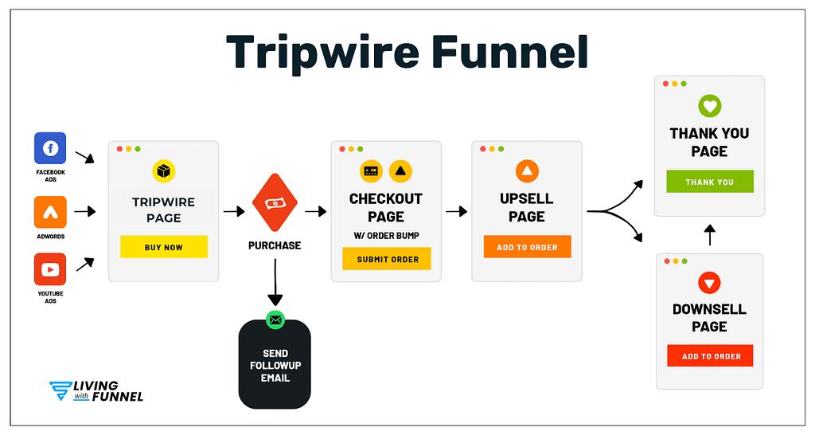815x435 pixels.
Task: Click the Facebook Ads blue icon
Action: tap(50, 149)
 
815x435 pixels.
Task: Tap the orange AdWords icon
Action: tap(50, 211)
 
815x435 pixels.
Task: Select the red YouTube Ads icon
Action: tap(50, 269)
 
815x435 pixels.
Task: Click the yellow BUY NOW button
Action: tap(164, 247)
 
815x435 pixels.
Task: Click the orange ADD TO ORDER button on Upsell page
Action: tap(527, 247)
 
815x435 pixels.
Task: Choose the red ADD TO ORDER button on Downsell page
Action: tap(710, 356)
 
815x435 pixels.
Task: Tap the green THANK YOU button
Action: tap(710, 182)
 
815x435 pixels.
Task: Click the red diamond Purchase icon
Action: tap(275, 203)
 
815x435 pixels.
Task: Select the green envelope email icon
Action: tap(275, 319)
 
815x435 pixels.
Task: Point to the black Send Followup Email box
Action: tap(275, 366)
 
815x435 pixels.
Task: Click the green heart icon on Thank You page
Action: tap(709, 106)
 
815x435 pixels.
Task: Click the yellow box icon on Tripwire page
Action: tap(164, 170)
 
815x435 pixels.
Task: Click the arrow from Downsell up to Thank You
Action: tap(710, 235)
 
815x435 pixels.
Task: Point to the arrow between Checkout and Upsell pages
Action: tap(456, 212)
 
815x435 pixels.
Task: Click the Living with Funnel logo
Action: tap(96, 391)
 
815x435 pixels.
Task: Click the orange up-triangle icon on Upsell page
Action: tap(527, 170)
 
